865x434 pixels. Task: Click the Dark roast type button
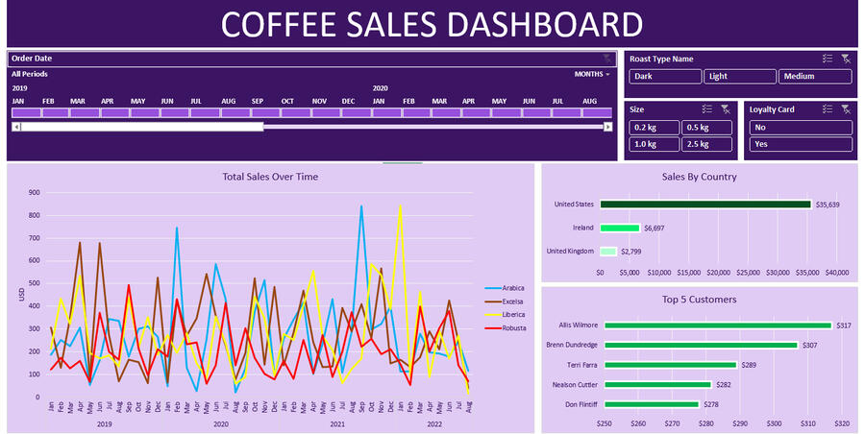tap(665, 77)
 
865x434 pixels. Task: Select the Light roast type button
tap(739, 77)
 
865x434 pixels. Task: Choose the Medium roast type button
tap(815, 77)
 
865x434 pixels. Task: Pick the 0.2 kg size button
tap(654, 128)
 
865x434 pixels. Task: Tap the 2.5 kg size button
tap(707, 145)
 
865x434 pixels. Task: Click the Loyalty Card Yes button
tap(801, 145)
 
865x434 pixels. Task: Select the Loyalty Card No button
tap(801, 128)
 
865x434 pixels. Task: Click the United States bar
tap(705, 204)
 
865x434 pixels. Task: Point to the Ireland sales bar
tap(620, 228)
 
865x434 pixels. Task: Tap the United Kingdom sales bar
tap(608, 252)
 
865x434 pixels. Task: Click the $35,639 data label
tap(828, 205)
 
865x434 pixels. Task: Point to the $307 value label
tap(809, 345)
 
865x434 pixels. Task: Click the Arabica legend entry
tap(512, 288)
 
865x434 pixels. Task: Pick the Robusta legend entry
tap(512, 327)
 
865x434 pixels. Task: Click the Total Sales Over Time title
tap(270, 177)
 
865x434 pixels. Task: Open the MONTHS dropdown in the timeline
tap(591, 74)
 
